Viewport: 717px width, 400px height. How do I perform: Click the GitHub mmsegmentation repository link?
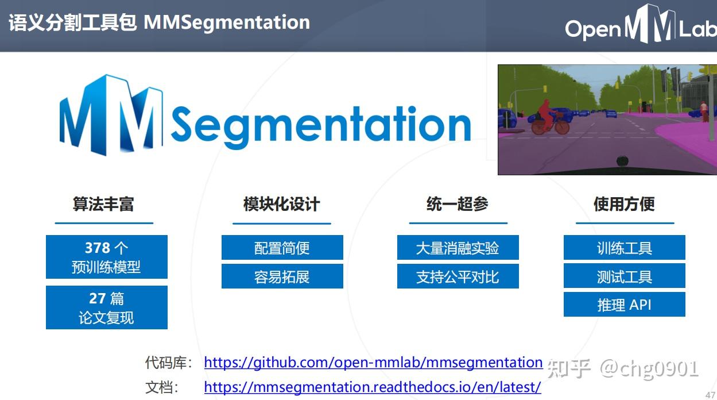pos(373,363)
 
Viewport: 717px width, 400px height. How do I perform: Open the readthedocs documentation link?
pos(373,387)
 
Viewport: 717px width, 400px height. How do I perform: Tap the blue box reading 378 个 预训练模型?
pos(107,257)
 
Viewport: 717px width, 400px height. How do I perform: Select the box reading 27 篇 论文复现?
pos(107,307)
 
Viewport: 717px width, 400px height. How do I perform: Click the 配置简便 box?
pos(282,248)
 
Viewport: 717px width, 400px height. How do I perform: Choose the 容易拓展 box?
pos(282,276)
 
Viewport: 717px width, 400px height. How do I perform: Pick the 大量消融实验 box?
pos(458,248)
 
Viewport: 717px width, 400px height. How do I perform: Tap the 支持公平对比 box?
pos(458,276)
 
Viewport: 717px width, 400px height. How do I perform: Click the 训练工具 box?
pos(624,248)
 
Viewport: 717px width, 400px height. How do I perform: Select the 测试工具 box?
pos(624,276)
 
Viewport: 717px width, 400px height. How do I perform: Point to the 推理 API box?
pos(624,305)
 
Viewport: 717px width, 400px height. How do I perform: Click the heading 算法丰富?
pos(103,204)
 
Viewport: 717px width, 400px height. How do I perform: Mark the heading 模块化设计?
pos(281,204)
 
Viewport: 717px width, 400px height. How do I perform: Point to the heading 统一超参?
pos(458,204)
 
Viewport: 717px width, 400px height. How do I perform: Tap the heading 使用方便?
pos(624,204)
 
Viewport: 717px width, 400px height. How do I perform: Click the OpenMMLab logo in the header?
pos(640,26)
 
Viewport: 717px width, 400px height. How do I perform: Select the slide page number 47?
pos(710,394)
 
